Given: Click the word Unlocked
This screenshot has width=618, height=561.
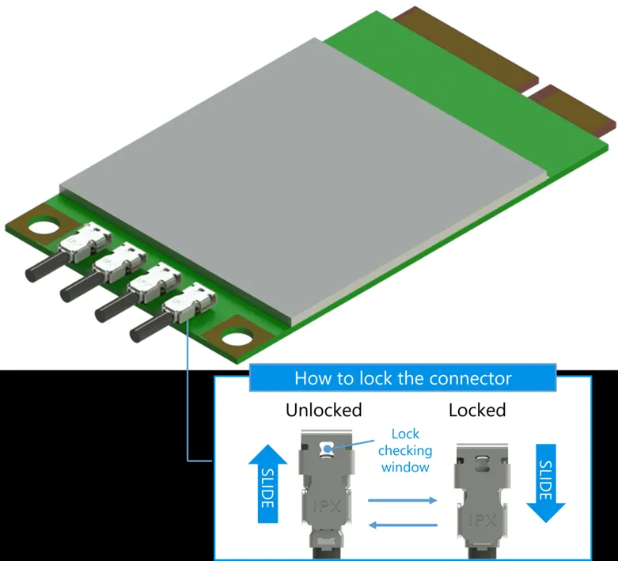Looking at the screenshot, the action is click(324, 410).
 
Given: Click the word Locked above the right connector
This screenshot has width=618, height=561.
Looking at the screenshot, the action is click(477, 410).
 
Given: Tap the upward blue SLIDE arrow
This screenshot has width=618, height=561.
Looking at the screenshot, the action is click(268, 483).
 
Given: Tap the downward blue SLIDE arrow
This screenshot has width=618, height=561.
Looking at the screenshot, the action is click(546, 483).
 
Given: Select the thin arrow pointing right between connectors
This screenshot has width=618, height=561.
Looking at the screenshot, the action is click(403, 500).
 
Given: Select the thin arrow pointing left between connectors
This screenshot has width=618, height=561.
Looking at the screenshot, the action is click(403, 525).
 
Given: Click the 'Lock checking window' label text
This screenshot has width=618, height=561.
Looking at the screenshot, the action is click(405, 450).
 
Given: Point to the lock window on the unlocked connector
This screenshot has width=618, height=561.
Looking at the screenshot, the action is click(326, 449).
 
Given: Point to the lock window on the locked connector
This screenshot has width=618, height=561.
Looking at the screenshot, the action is click(482, 462).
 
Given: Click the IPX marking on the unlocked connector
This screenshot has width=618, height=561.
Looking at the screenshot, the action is click(327, 506).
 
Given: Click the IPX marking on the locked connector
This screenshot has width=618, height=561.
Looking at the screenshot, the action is click(483, 520).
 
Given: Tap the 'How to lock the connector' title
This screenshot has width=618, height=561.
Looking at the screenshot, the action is click(403, 378).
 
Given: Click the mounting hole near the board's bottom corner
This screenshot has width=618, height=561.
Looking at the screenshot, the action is click(237, 337).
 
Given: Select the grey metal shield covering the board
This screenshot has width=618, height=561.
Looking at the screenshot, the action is click(304, 180).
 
